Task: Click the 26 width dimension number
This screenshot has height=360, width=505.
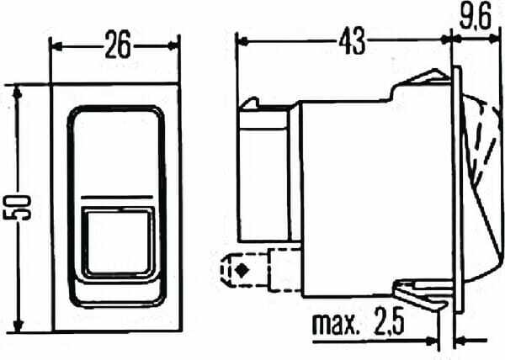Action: point(118,45)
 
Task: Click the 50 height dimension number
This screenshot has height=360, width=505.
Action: point(17,208)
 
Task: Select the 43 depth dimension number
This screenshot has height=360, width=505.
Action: point(353,40)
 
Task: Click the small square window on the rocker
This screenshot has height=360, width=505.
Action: point(118,242)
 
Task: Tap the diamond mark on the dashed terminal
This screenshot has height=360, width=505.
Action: point(242,271)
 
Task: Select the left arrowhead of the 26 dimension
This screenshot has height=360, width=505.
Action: point(57,46)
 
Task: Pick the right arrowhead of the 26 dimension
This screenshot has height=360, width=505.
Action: point(173,46)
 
